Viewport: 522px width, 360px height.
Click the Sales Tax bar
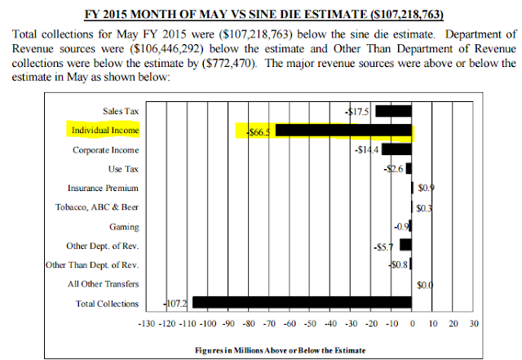(x=393, y=111)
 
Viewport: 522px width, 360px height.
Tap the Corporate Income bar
(x=396, y=149)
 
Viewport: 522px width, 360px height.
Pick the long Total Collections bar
(x=302, y=303)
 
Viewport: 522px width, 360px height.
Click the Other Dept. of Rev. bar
(x=406, y=244)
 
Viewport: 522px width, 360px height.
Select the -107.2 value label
(x=177, y=303)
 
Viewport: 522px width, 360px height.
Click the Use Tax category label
(x=122, y=169)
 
